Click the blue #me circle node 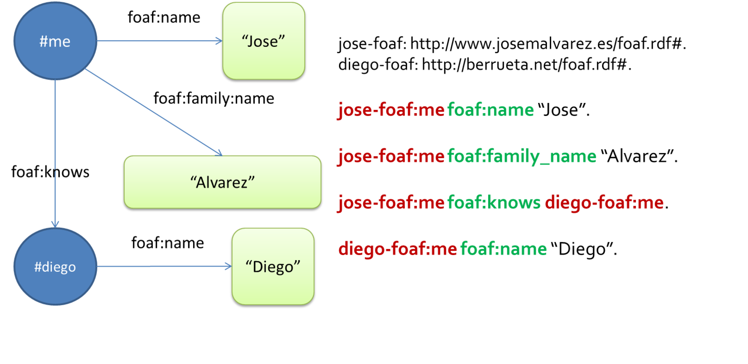click(55, 41)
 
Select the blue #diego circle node click(55, 266)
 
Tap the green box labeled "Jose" click(264, 41)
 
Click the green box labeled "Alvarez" click(223, 182)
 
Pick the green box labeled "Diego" click(273, 266)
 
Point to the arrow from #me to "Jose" click(159, 41)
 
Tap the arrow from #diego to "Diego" click(164, 266)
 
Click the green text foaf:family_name click(522, 156)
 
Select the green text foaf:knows click(494, 203)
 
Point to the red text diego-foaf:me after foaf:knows click(604, 203)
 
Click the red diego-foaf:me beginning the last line click(397, 249)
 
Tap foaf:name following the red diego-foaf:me click(503, 249)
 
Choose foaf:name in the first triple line click(490, 109)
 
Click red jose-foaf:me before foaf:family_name click(391, 156)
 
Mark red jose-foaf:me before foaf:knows click(391, 203)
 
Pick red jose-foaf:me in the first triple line click(391, 109)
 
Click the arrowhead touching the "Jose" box click(218, 41)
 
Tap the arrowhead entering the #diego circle click(55, 223)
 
